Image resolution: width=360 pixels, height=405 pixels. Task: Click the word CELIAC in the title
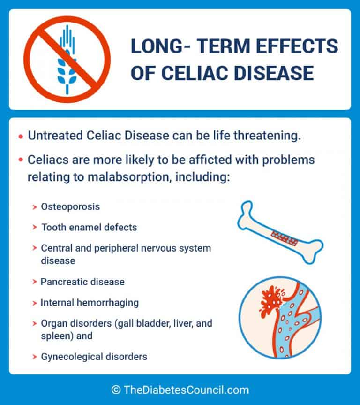coord(195,73)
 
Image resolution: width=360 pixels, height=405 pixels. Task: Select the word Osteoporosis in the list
coord(70,207)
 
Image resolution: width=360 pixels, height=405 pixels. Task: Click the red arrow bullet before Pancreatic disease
coord(35,282)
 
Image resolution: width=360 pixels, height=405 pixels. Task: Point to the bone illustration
coord(280,232)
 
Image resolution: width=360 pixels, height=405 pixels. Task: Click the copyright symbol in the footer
coord(116,390)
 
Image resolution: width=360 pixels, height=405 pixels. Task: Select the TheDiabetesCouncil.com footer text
coord(186,390)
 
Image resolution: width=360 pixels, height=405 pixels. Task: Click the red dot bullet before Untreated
coord(21,137)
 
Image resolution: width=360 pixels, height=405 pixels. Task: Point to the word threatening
coord(267,136)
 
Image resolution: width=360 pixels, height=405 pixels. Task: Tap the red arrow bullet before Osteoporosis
coord(35,207)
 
